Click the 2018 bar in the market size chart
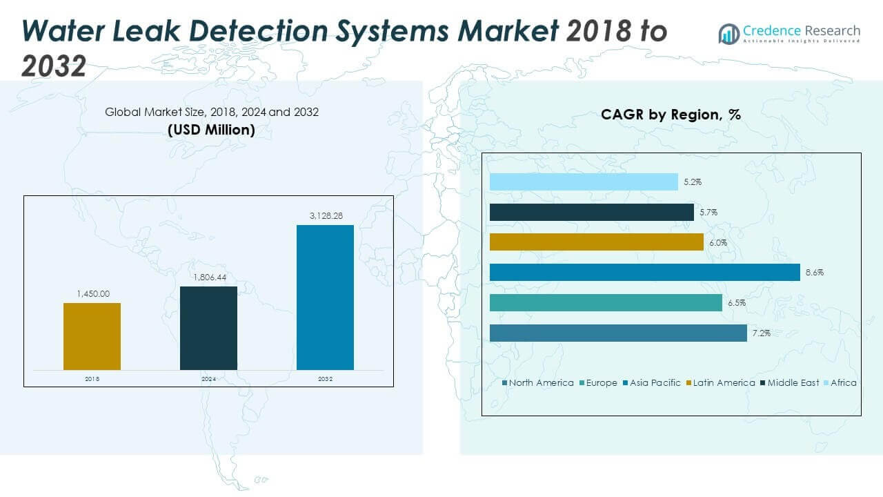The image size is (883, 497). click(x=92, y=336)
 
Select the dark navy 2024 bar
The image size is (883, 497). click(x=208, y=328)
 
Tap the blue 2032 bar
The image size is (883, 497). click(x=325, y=297)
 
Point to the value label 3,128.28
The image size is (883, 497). click(x=325, y=216)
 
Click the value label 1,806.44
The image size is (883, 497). click(x=208, y=277)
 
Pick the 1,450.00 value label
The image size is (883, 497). click(x=92, y=294)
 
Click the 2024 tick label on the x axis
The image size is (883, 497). click(x=208, y=379)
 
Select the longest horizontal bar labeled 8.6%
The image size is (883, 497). click(x=644, y=272)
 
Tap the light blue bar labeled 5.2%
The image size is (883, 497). click(x=584, y=182)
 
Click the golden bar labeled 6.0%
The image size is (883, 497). click(x=596, y=242)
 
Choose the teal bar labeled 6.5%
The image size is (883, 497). click(x=606, y=302)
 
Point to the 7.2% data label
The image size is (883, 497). click(x=761, y=333)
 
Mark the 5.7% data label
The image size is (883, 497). click(x=708, y=212)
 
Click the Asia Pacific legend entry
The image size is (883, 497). click(x=651, y=382)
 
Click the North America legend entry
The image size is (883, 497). click(x=537, y=382)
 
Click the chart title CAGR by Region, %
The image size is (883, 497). click(x=671, y=115)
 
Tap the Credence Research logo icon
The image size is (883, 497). click(x=728, y=33)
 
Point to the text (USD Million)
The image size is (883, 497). click(x=211, y=129)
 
